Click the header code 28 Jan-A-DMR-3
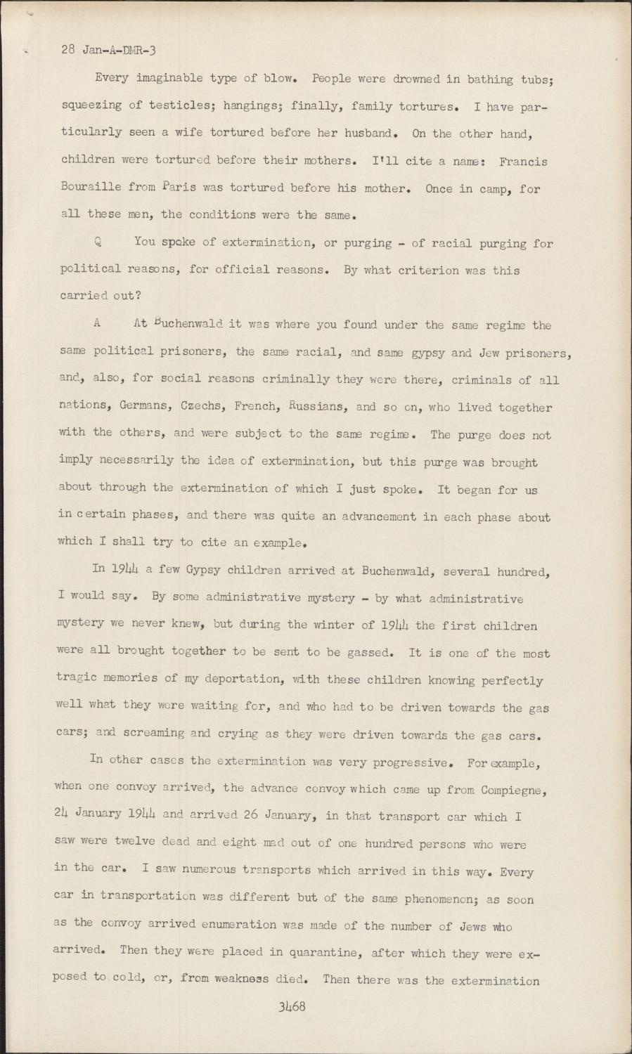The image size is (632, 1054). (x=108, y=51)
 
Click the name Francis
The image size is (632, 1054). (x=523, y=161)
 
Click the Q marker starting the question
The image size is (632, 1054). (x=98, y=243)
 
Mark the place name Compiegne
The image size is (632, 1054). (x=514, y=789)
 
